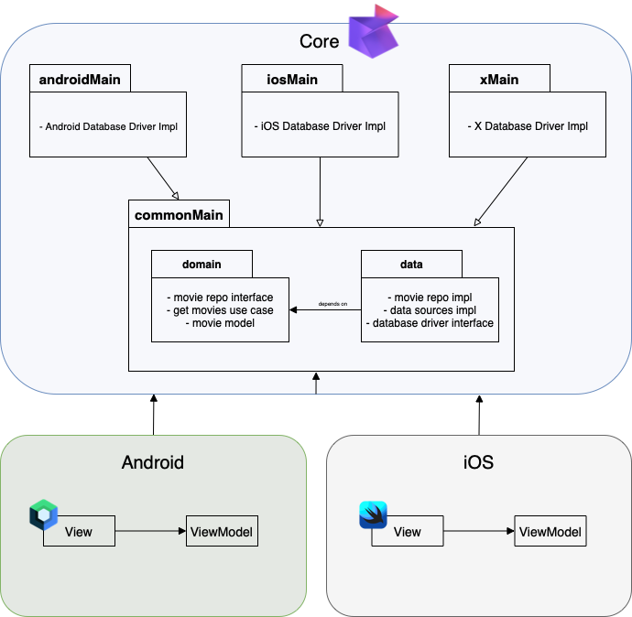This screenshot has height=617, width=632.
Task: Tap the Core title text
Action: (x=319, y=41)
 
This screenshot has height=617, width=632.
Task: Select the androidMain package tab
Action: (x=80, y=79)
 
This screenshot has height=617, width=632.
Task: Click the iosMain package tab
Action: (x=291, y=79)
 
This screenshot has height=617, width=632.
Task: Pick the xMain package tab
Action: (x=499, y=79)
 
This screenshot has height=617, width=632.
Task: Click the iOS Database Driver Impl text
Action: (x=320, y=126)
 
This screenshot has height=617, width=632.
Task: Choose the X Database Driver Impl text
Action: (x=528, y=126)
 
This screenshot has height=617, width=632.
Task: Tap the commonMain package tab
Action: (x=178, y=215)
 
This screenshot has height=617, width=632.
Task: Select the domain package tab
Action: (x=202, y=265)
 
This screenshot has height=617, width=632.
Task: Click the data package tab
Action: (x=411, y=265)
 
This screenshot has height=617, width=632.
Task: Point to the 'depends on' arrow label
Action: (x=332, y=303)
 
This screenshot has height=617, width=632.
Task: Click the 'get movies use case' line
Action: (x=220, y=310)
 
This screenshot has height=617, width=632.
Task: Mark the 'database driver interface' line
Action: (x=430, y=322)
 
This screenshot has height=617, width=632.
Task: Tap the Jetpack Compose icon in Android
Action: (x=43, y=515)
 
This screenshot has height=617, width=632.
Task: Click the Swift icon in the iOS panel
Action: (x=373, y=515)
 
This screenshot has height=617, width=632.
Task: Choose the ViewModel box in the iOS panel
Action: (x=550, y=532)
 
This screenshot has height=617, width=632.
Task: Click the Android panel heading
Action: (x=153, y=462)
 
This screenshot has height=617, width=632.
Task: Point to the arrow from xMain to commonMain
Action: (x=502, y=190)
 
